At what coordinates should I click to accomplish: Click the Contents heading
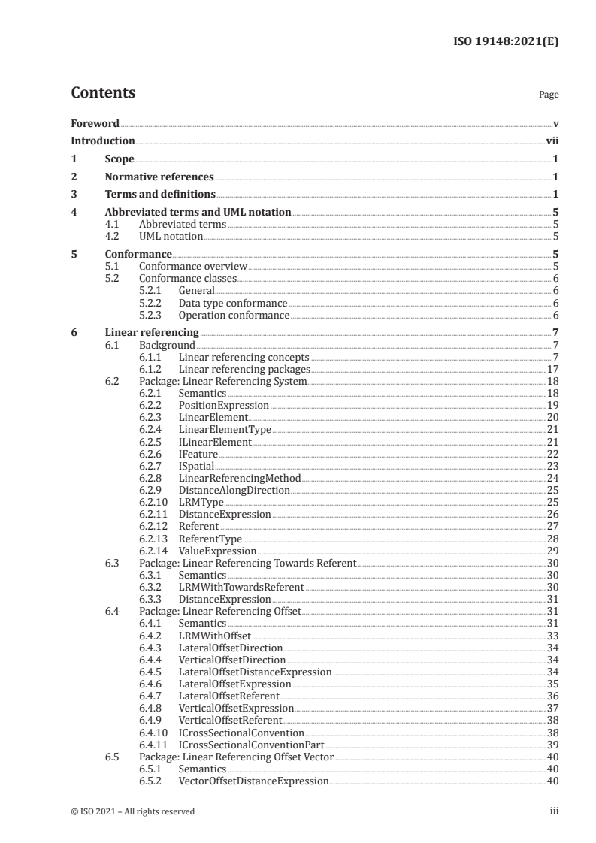pyautogui.click(x=103, y=93)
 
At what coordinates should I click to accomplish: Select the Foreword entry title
pyautogui.click(x=95, y=123)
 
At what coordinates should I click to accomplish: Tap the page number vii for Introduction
pyautogui.click(x=552, y=140)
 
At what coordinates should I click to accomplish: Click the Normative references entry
pyautogui.click(x=159, y=177)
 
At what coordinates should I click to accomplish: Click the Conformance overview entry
pyautogui.click(x=193, y=266)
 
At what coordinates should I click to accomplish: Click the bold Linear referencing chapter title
pyautogui.click(x=152, y=332)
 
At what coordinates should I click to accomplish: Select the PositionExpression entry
pyautogui.click(x=223, y=406)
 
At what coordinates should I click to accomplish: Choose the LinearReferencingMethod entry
pyautogui.click(x=239, y=478)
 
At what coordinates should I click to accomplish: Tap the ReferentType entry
pyautogui.click(x=210, y=539)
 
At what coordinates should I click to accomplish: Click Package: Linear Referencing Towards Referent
pyautogui.click(x=247, y=563)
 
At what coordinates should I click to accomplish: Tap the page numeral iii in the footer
pyautogui.click(x=554, y=811)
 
